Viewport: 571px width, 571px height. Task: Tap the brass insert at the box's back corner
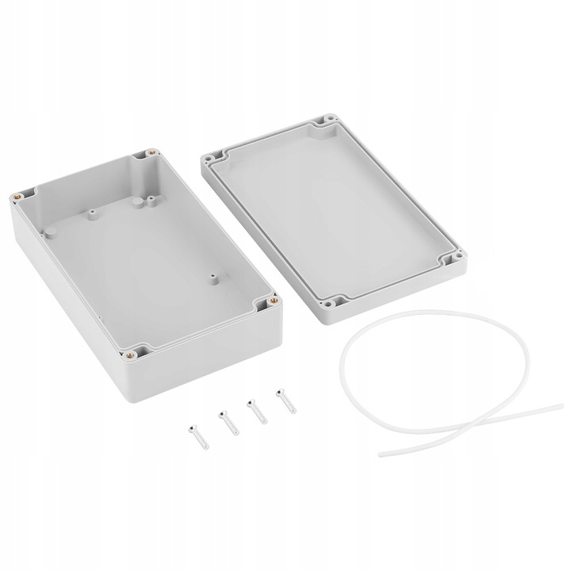tap(148, 150)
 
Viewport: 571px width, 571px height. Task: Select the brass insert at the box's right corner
tap(274, 301)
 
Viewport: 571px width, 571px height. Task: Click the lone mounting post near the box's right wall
tap(213, 279)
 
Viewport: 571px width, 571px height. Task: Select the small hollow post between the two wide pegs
tap(93, 213)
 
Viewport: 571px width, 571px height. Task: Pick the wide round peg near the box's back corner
tap(136, 203)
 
